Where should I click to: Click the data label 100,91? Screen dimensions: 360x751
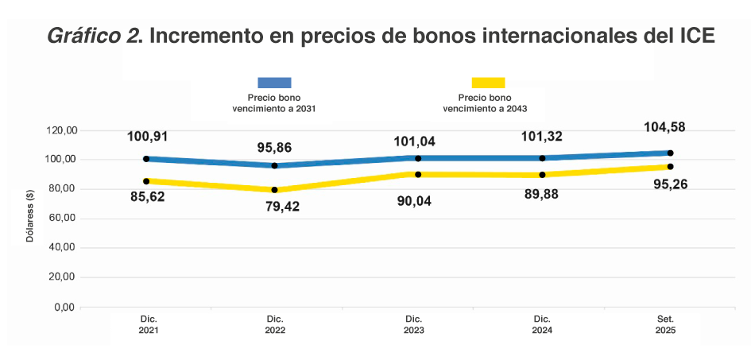[x=148, y=136]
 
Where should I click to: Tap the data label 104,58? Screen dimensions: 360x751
[x=665, y=127]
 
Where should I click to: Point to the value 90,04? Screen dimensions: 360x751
[x=418, y=201]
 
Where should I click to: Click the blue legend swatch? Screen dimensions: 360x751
[x=274, y=83]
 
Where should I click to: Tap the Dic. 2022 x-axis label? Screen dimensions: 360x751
[x=275, y=324]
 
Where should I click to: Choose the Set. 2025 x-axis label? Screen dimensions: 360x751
[x=665, y=324]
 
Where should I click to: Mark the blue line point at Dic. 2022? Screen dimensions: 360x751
[x=275, y=165]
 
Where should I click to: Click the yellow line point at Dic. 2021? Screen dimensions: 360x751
[x=146, y=181]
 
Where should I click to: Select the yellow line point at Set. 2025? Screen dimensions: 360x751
[x=671, y=166]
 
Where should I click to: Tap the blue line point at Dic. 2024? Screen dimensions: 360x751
[x=542, y=158]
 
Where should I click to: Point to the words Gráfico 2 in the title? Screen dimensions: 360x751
[x=94, y=37]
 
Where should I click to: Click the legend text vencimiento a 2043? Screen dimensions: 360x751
[x=486, y=109]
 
